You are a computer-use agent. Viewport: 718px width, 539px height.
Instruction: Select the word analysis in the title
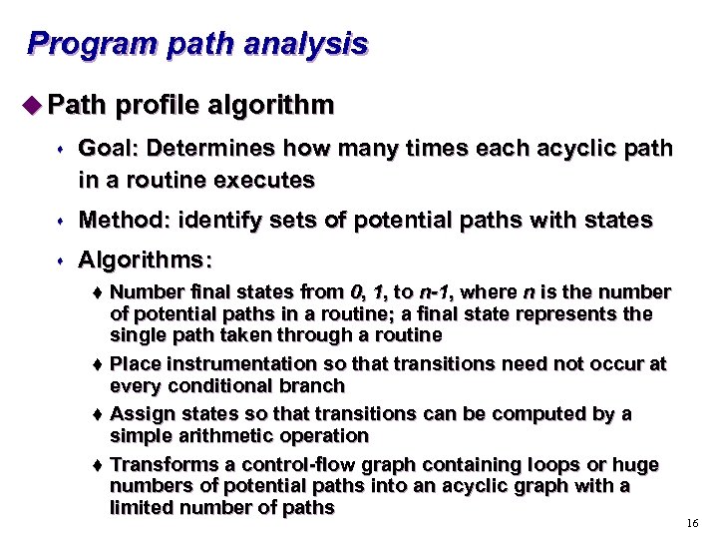(x=311, y=45)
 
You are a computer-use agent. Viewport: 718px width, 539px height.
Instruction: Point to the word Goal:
(x=110, y=149)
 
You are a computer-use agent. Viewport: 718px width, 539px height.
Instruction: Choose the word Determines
(x=212, y=149)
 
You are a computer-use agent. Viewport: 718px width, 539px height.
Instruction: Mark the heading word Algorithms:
(x=145, y=261)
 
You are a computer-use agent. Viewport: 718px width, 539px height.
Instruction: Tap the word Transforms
(x=161, y=464)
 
